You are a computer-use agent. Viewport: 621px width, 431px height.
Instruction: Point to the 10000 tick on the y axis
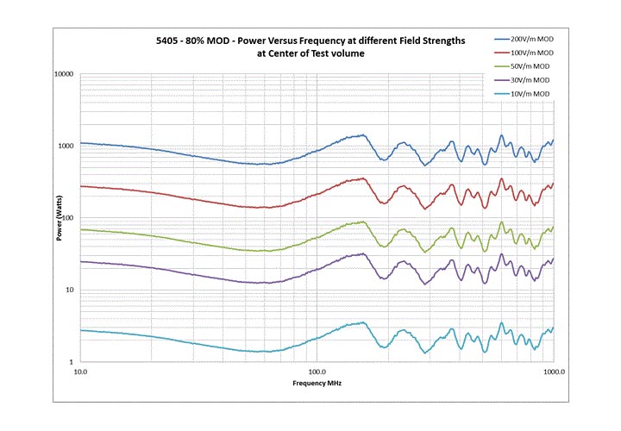tap(63, 74)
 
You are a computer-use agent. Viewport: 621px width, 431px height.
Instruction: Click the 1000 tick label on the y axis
tap(66, 146)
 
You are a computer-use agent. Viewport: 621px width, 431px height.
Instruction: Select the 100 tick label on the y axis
tap(67, 218)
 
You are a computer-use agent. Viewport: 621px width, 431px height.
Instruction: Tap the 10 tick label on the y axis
tap(70, 290)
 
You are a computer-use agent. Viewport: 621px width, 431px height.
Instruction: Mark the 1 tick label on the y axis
tap(72, 362)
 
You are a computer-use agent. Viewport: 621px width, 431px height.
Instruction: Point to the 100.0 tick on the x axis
tap(317, 372)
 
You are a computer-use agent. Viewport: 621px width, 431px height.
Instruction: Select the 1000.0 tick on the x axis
tap(552, 372)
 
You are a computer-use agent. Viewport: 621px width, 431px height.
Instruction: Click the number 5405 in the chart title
tap(160, 40)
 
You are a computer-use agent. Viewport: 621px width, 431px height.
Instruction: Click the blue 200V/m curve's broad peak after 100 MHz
tap(362, 135)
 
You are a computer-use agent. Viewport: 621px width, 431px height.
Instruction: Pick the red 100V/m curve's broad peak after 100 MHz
tap(362, 178)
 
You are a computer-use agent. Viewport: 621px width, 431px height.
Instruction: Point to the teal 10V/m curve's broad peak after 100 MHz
tap(362, 323)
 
